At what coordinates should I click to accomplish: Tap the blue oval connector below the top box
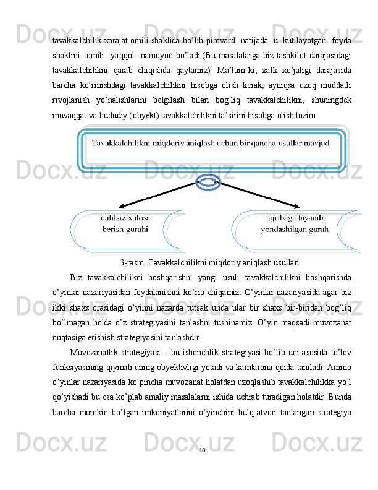click(209, 181)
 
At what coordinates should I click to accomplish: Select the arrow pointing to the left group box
click(154, 195)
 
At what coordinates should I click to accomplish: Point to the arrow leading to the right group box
click(259, 194)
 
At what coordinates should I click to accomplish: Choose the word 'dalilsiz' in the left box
click(114, 218)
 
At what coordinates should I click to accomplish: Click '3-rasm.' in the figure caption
click(132, 262)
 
